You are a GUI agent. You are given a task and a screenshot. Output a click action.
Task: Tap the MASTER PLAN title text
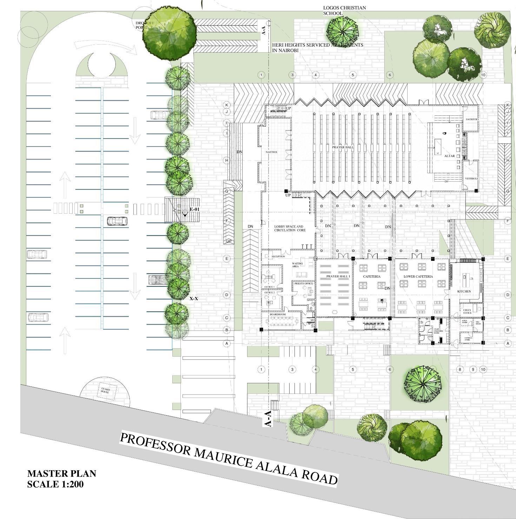(x=61, y=473)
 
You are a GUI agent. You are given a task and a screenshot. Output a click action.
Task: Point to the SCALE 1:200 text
(x=55, y=484)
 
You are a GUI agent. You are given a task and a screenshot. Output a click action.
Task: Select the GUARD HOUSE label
(x=105, y=390)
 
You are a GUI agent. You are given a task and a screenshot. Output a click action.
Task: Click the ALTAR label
(x=449, y=156)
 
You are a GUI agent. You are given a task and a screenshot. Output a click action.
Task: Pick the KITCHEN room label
(x=464, y=291)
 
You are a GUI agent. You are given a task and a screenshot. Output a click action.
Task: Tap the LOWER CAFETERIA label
(x=418, y=276)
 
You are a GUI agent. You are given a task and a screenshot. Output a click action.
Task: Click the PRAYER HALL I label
(x=338, y=276)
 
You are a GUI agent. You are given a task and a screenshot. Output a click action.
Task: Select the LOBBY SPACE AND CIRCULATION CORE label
(x=290, y=228)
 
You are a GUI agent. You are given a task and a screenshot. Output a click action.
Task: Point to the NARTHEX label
(x=271, y=152)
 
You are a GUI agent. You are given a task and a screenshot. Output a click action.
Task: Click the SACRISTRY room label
(x=472, y=119)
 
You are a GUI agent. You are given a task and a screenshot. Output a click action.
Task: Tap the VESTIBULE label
(x=471, y=178)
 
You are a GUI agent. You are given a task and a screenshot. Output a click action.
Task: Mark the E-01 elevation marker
(x=194, y=209)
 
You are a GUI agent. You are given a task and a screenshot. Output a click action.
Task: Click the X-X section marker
(x=194, y=298)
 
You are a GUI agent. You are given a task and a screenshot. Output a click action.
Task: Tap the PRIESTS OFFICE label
(x=304, y=283)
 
